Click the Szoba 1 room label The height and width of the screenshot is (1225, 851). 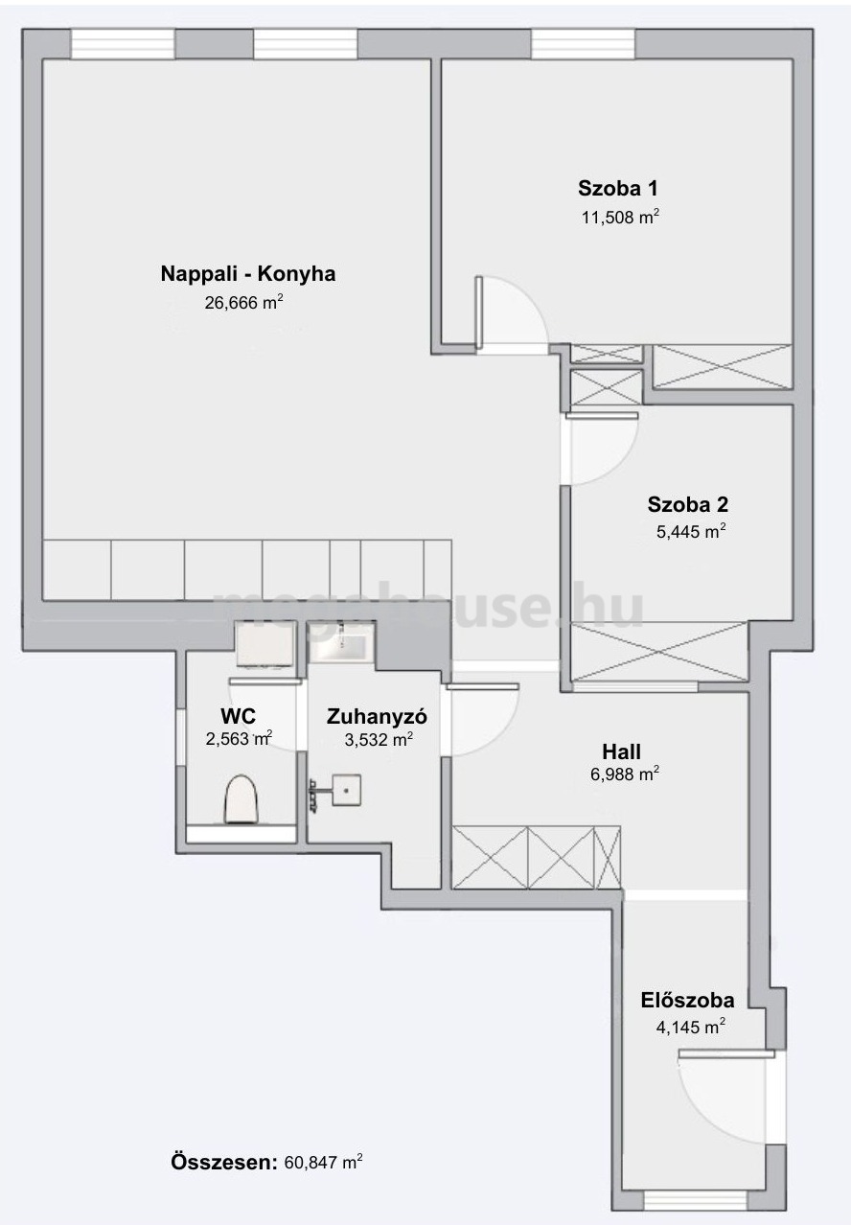coord(618,188)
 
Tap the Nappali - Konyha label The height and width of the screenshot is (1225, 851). coord(248,273)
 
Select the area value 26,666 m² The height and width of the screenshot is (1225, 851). coord(244,303)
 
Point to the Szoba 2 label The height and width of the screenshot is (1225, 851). coord(687,504)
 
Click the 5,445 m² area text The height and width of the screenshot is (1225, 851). coord(691,531)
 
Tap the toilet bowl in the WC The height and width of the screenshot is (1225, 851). coord(241,799)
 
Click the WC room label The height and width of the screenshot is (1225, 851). coord(238,716)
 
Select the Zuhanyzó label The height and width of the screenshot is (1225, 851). coord(377,716)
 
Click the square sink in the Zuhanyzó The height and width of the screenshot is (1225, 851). coord(346,790)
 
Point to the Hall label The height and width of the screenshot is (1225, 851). coord(621,751)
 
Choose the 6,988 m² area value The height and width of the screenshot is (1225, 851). coord(625,774)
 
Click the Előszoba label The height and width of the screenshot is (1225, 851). coord(687,1001)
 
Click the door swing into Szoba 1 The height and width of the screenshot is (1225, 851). coord(511,312)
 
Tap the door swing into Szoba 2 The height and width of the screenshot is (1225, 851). coord(602,449)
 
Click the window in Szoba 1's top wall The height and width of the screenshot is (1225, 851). coord(583,44)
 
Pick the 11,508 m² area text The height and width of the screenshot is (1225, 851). coord(620,218)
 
